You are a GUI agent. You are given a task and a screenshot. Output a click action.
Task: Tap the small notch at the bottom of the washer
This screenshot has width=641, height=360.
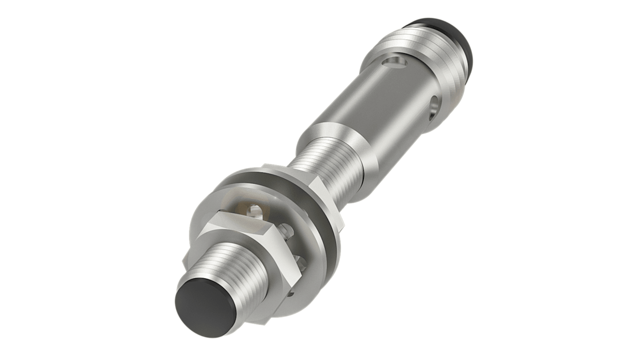pyautogui.click(x=291, y=294)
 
